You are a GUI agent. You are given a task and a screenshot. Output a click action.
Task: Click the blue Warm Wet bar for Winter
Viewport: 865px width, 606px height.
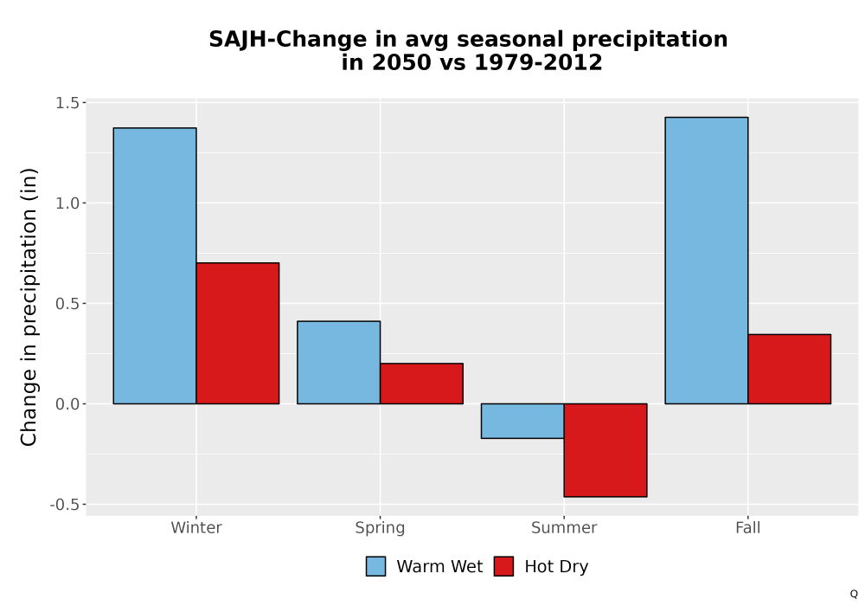[155, 266]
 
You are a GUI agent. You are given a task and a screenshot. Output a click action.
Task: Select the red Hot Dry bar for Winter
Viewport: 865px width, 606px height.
[238, 333]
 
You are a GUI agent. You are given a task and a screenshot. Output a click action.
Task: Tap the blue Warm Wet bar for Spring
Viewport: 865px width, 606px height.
[339, 363]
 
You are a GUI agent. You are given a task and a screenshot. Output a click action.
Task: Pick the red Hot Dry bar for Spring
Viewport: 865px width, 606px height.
[421, 384]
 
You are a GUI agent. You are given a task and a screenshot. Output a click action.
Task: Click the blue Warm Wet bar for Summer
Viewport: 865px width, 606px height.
[522, 421]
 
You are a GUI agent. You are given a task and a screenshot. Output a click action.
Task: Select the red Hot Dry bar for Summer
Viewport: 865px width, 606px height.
[605, 450]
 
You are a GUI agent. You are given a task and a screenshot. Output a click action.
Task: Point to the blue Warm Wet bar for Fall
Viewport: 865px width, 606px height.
[707, 261]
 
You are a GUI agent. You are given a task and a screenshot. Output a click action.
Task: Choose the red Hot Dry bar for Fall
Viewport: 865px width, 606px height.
[790, 370]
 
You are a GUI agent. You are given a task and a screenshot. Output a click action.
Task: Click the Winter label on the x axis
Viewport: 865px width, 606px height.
[196, 527]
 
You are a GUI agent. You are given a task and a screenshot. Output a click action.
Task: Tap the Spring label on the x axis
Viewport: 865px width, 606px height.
[380, 528]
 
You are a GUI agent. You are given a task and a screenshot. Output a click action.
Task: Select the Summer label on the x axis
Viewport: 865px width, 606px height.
[564, 527]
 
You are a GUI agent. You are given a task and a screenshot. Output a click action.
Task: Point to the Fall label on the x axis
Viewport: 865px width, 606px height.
[748, 527]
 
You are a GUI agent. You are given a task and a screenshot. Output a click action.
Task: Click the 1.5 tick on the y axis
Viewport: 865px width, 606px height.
[67, 103]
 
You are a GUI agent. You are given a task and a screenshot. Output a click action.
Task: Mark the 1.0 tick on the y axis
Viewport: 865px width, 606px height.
[67, 203]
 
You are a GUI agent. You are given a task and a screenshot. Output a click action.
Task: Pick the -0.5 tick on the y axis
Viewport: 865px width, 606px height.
[65, 505]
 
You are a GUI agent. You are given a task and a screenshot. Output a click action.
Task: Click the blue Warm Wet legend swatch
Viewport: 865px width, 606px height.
[375, 566]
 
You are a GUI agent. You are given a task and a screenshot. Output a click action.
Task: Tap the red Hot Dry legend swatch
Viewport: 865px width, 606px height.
[503, 566]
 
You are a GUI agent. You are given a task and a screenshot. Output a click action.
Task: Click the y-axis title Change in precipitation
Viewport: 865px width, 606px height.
[29, 307]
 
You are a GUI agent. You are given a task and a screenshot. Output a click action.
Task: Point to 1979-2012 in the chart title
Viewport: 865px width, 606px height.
[538, 62]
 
